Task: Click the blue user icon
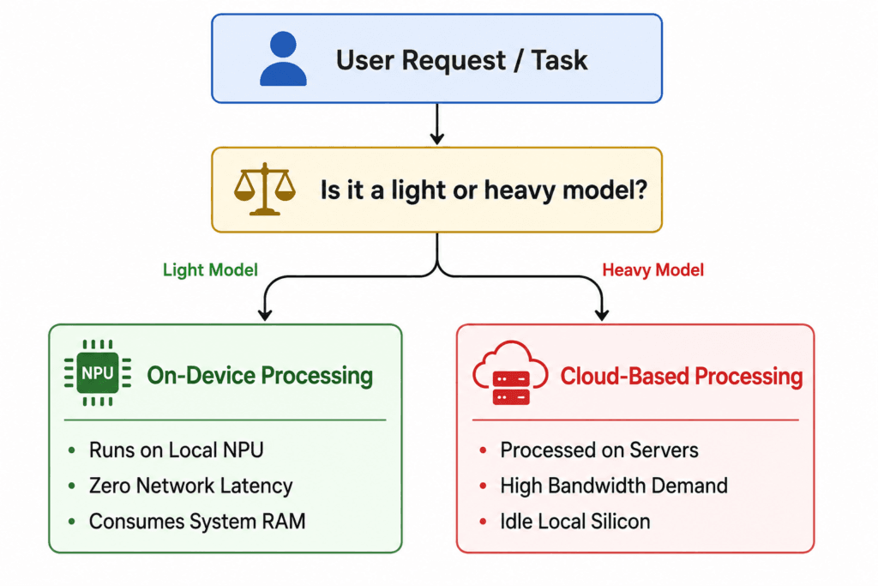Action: tap(283, 58)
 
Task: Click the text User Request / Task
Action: tap(461, 61)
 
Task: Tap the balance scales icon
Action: tap(265, 190)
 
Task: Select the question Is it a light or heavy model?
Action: tap(484, 190)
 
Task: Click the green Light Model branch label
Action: tap(210, 270)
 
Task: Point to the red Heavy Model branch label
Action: tap(652, 270)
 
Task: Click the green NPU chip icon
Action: tap(98, 372)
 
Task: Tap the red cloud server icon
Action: tap(510, 372)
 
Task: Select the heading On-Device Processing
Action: tap(260, 375)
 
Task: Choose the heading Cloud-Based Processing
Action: tap(682, 376)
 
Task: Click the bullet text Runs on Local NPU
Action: tap(177, 450)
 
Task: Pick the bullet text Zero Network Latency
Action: tap(191, 486)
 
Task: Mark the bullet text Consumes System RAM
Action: tap(197, 521)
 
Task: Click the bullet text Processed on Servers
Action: tap(599, 450)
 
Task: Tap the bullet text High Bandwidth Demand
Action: tap(614, 486)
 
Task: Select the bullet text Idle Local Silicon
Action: tap(575, 522)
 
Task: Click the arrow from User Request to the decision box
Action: tap(436, 124)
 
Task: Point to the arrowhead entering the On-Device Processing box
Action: tap(265, 316)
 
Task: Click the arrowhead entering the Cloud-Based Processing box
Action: tap(602, 316)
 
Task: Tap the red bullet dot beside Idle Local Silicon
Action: tap(483, 522)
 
